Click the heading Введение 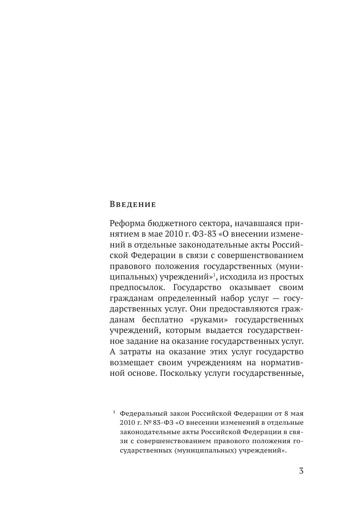point(132,204)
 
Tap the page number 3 point(301,471)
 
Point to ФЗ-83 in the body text point(204,234)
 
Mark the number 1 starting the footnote point(114,412)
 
